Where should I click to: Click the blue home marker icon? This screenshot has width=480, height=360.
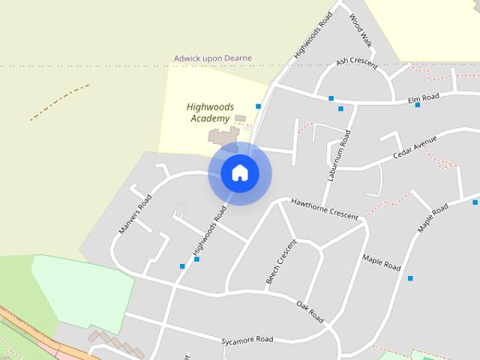click(x=240, y=173)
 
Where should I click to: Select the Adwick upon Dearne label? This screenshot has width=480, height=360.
click(x=213, y=58)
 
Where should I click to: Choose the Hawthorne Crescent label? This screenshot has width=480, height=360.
click(x=325, y=208)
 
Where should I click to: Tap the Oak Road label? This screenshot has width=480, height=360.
click(x=310, y=312)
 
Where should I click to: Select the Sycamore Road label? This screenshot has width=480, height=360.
click(x=247, y=340)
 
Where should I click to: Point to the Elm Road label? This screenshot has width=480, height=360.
click(x=423, y=97)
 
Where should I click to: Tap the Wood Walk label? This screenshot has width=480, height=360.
click(x=361, y=28)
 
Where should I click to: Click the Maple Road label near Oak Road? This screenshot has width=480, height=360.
click(x=381, y=262)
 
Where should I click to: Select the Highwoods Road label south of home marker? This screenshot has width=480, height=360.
click(x=208, y=233)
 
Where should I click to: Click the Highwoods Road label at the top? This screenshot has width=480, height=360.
click(x=313, y=35)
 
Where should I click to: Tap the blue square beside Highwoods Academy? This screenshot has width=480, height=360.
click(x=258, y=106)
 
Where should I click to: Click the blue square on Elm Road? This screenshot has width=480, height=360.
click(x=418, y=105)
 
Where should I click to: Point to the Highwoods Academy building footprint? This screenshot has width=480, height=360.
click(x=223, y=136)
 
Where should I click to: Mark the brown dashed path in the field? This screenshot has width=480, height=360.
click(x=59, y=103)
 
